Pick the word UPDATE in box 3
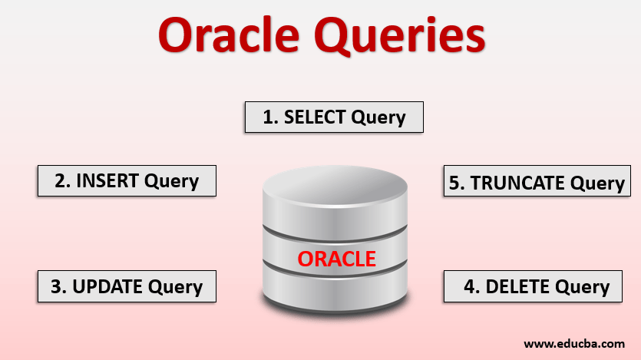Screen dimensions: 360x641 (110, 287)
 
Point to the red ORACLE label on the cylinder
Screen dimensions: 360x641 (336, 259)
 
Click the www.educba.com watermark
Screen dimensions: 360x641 (574, 343)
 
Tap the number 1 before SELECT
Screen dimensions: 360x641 (269, 117)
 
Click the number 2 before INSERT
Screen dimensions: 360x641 (61, 181)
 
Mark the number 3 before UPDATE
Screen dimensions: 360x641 (57, 287)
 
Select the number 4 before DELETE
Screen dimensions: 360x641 (470, 287)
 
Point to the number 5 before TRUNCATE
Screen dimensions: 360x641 (456, 183)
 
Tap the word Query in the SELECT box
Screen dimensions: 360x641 (378, 118)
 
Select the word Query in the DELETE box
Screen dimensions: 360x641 (582, 288)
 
